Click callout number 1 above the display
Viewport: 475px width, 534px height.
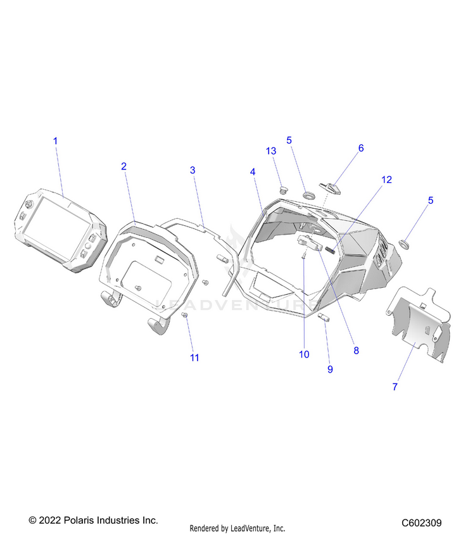pos(56,141)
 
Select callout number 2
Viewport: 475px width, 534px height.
pos(123,166)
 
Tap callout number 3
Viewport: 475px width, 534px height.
pos(193,170)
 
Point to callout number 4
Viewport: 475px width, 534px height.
pos(253,171)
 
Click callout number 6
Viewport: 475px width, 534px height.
pos(361,148)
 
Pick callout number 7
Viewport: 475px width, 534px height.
pos(395,387)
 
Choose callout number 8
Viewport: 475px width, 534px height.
pos(357,351)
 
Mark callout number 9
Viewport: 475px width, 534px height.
pos(330,369)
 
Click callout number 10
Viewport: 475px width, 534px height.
pos(304,354)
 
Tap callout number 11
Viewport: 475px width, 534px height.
pos(194,357)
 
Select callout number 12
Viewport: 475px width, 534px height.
pos(387,180)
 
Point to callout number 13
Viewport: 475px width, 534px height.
pos(271,151)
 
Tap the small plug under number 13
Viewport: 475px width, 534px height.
pos(282,189)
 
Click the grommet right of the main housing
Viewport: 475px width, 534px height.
pos(405,244)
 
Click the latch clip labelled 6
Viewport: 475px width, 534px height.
pos(330,189)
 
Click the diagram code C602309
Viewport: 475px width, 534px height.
pos(421,523)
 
